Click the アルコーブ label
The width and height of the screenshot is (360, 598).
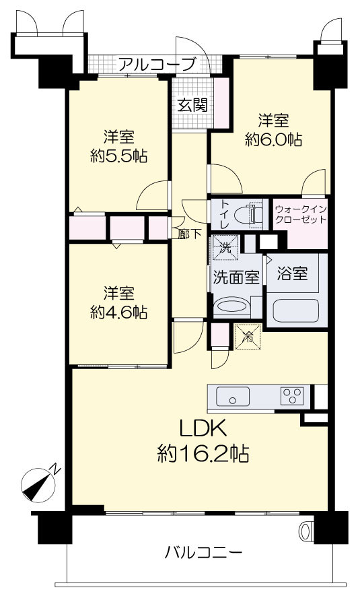point(157,65)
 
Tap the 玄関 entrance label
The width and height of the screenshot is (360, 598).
point(192,105)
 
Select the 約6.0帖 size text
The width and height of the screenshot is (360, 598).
point(273,140)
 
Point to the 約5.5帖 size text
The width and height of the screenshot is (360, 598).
point(119,156)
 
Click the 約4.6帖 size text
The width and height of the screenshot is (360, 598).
point(119,312)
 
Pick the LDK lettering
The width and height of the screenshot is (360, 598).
point(203,429)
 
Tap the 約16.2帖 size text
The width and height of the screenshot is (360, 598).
point(203,454)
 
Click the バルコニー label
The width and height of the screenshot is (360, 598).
point(203,553)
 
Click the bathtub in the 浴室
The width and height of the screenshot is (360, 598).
point(296,310)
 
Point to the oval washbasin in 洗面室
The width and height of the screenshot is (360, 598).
point(232,306)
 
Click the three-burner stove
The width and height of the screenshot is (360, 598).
point(292,396)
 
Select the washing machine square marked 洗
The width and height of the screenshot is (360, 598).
point(225,247)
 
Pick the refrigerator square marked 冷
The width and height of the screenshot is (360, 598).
point(248,337)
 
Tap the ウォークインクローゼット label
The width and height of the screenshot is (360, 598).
point(301,214)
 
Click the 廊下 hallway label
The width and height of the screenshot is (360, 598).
point(189,234)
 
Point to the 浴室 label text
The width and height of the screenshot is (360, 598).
point(292,273)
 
